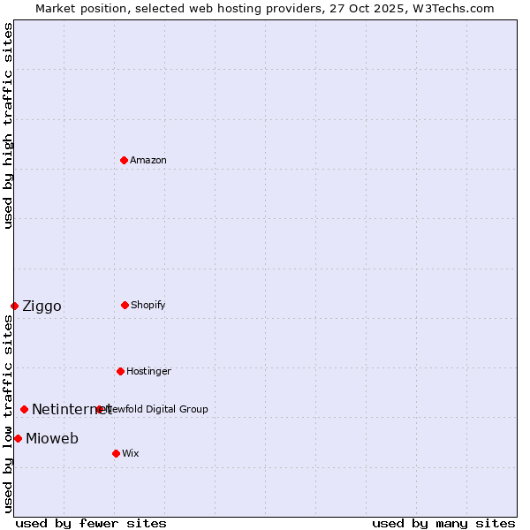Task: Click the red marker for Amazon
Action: point(125,160)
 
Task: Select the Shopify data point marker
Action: point(125,305)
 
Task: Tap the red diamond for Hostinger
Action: point(120,371)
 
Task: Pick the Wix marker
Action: point(116,453)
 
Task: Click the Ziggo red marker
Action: point(14,306)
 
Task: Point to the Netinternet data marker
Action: point(24,409)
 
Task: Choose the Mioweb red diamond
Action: point(18,438)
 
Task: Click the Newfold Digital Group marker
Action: point(99,409)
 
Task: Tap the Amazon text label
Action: point(148,161)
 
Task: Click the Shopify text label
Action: point(148,306)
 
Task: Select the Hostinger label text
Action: point(148,372)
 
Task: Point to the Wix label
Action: point(131,454)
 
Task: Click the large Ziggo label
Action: point(42,307)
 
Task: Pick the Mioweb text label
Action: point(52,439)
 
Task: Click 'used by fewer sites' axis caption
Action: point(91,523)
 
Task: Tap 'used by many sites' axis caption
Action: point(443,523)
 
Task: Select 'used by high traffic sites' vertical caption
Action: point(8,125)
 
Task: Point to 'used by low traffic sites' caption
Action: point(8,413)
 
